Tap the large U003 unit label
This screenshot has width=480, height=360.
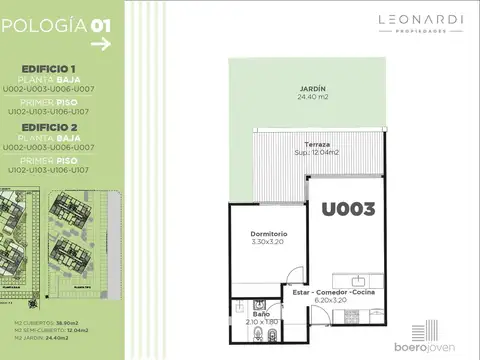pyautogui.click(x=347, y=209)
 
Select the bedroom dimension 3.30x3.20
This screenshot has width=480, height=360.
pyautogui.click(x=268, y=242)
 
